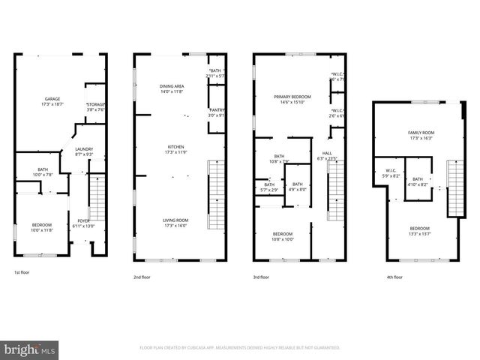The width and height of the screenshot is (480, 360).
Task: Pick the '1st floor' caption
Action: pyautogui.click(x=22, y=273)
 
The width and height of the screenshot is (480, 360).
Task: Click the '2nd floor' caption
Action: pyautogui.click(x=142, y=277)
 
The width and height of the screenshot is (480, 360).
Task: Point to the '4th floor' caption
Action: pyautogui.click(x=394, y=277)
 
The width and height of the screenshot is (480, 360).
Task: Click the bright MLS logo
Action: pyautogui.click(x=30, y=349)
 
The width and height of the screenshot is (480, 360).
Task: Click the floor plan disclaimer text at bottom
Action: pyautogui.click(x=240, y=348)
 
